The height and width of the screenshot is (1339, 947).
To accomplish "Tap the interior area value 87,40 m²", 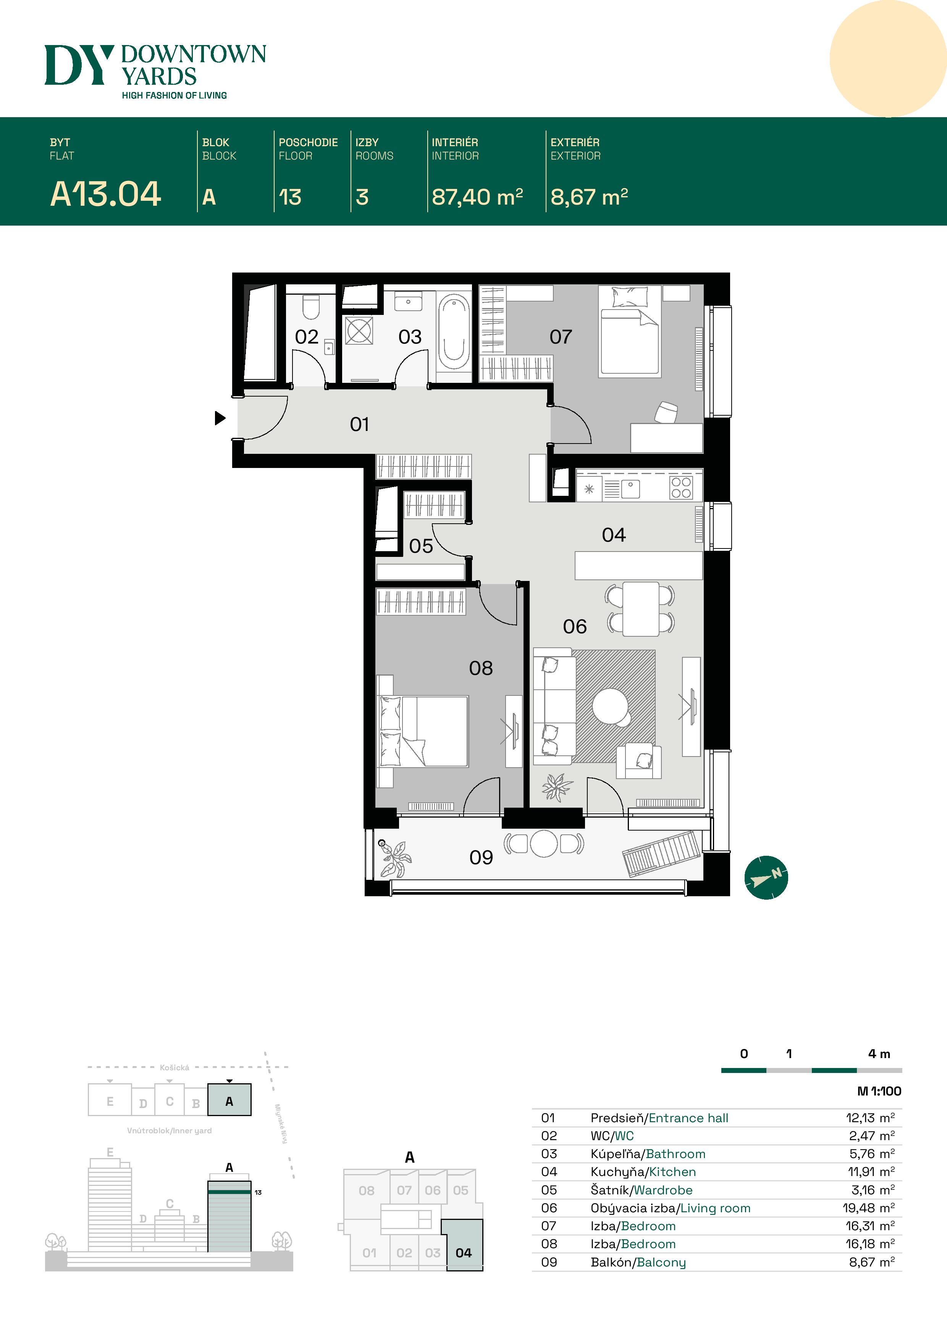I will point(477,197).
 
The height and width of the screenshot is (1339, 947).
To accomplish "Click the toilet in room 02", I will point(310,307).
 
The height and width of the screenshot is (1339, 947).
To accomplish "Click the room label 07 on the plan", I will point(561,337).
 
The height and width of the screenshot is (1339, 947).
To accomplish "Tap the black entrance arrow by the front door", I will point(220,418).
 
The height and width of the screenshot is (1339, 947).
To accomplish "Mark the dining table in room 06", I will point(640,609).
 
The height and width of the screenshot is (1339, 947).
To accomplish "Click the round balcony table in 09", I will point(544,843).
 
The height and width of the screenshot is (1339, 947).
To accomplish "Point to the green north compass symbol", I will point(766,877).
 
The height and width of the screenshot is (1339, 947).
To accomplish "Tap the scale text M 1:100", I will point(879,1091).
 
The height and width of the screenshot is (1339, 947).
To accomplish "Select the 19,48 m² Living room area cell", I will point(868,1208).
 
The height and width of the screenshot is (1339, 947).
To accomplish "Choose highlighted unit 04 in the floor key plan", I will point(463,1253).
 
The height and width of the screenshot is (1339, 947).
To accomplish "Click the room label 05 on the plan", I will point(421,546).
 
